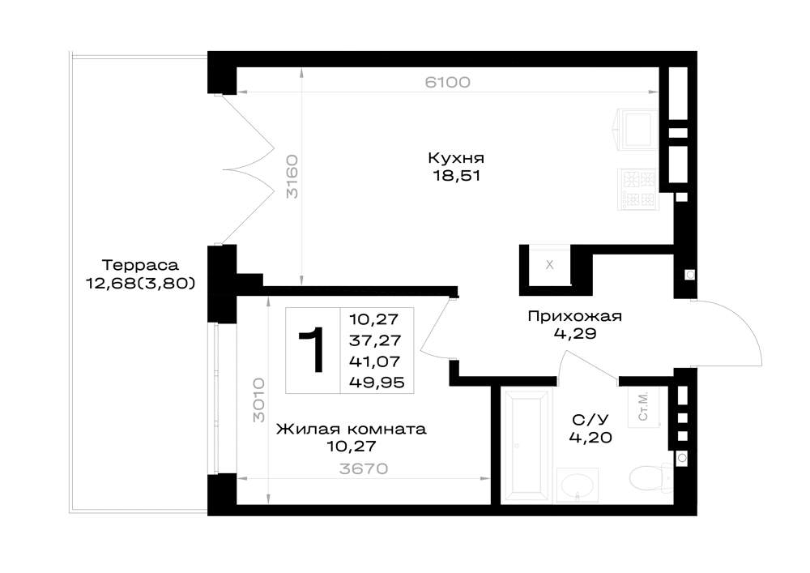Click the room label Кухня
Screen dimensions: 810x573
point(456,157)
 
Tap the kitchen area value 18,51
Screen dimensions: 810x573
point(457,176)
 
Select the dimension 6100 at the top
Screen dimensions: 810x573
point(447,82)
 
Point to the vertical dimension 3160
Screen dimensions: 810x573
point(292,176)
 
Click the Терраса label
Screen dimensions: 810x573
point(140,265)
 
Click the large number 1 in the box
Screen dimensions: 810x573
point(313,350)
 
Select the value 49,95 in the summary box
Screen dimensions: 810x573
point(377,383)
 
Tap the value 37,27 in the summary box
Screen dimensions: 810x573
point(375,340)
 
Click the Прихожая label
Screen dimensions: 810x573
point(574,316)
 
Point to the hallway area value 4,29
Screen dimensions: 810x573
point(575,334)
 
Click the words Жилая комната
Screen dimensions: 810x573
point(352,430)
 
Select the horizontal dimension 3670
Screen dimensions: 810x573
point(364,468)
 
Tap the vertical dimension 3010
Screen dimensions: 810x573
point(259,400)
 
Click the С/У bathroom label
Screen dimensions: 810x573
point(590,419)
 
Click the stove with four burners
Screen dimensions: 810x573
point(639,190)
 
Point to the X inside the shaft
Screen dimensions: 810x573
point(550,264)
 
